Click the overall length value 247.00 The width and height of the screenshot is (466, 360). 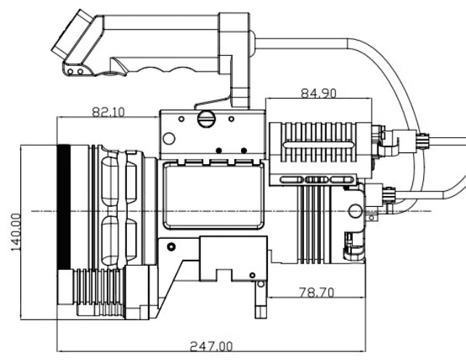[210, 347]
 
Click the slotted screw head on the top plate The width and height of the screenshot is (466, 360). [205, 118]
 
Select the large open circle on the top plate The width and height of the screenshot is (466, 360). [169, 138]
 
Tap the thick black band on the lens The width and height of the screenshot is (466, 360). [63, 207]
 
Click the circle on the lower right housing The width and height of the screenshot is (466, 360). [354, 211]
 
